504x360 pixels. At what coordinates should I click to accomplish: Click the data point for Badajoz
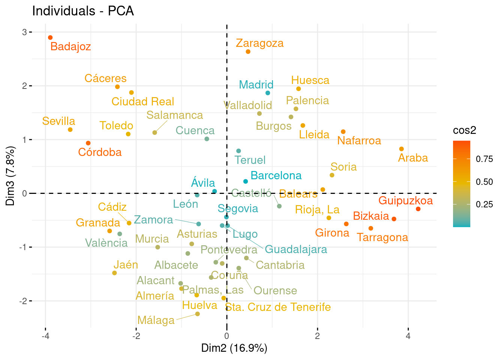pos(50,37)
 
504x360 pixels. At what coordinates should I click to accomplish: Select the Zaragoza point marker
pos(248,52)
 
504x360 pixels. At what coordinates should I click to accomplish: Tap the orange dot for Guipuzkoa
pos(418,209)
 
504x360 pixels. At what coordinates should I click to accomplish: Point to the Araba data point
pos(401,149)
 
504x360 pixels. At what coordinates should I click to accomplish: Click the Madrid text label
pos(256,85)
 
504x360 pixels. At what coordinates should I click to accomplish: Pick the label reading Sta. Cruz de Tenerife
pos(278,307)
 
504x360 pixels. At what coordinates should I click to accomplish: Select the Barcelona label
pos(276,175)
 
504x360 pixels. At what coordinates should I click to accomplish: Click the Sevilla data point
pos(70,130)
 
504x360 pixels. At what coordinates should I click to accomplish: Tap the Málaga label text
pos(156,320)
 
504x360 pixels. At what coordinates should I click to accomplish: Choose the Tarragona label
pos(382,237)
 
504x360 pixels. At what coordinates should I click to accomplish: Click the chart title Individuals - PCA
pos(83,11)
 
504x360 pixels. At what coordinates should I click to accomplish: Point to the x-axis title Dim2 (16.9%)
pos(234,348)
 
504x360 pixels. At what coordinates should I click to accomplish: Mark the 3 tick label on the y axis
pos(24,32)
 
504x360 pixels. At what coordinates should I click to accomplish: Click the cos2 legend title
pos(465,130)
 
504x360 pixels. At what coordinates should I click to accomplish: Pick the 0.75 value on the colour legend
pos(484,159)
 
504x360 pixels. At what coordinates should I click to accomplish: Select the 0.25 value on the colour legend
pos(484,204)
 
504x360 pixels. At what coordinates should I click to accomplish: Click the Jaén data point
pos(114,273)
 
